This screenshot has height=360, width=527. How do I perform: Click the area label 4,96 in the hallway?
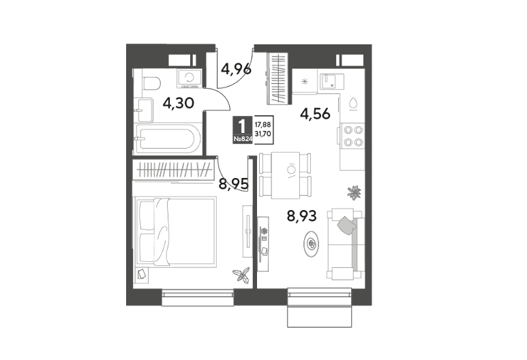(236, 69)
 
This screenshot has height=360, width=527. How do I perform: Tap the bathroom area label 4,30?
(178, 103)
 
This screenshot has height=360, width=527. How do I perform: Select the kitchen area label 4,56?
(315, 114)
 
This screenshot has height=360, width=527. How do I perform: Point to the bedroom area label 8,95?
(234, 184)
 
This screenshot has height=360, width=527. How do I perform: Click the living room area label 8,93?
(301, 216)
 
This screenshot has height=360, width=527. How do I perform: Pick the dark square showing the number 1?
(242, 130)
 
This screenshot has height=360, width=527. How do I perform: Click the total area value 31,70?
(263, 134)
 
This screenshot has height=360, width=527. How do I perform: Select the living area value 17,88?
(263, 125)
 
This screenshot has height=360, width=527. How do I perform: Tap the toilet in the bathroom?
(151, 83)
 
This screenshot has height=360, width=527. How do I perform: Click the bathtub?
(168, 138)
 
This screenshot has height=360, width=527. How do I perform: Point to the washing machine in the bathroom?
(190, 78)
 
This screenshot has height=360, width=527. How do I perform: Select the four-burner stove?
(353, 136)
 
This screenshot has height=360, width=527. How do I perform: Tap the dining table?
(286, 175)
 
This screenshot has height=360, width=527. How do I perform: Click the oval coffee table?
(312, 243)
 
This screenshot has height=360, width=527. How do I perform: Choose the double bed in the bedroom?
(175, 232)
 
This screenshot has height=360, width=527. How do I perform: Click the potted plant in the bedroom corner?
(241, 274)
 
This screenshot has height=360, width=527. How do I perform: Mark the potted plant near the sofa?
(355, 192)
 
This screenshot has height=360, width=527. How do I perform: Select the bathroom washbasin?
(145, 110)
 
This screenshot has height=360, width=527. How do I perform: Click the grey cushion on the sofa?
(346, 224)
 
